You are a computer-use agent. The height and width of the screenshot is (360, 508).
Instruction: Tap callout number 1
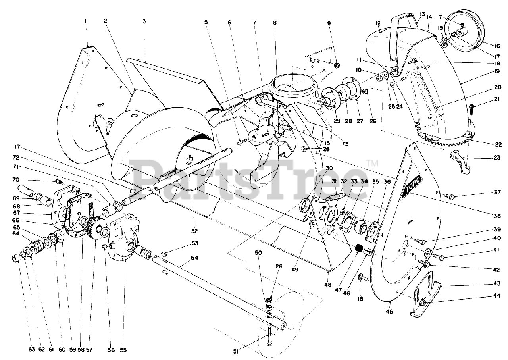(85, 20)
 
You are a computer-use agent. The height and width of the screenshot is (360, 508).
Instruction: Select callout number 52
(194, 231)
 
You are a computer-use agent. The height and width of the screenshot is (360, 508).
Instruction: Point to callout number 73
(344, 144)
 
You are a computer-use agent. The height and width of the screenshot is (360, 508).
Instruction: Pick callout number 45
(389, 312)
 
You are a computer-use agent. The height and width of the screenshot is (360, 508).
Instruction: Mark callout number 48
(328, 285)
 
